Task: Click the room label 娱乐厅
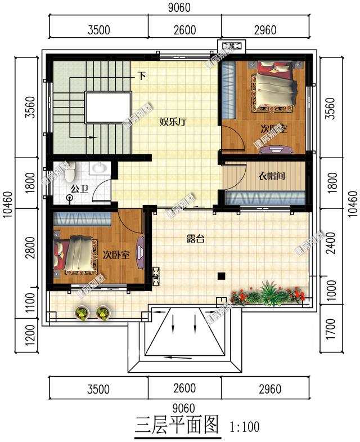(x=173, y=122)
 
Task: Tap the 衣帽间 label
(x=271, y=176)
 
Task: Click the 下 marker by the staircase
(x=142, y=75)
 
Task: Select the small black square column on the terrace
(x=222, y=276)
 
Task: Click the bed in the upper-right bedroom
(x=276, y=87)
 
